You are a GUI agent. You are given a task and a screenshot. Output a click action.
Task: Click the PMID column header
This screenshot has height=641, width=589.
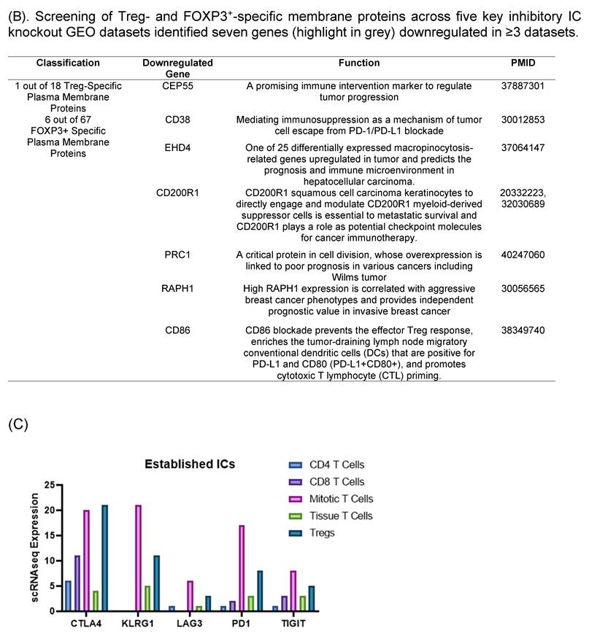(x=523, y=63)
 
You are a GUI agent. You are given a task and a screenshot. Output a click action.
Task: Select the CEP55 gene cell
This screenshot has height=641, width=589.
(x=177, y=86)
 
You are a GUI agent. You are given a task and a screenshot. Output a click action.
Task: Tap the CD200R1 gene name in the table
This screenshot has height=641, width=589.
(x=177, y=193)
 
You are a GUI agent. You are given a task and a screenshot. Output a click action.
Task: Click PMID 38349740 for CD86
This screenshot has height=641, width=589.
(x=523, y=330)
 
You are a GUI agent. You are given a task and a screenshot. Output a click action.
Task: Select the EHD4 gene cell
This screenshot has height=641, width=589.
(x=177, y=147)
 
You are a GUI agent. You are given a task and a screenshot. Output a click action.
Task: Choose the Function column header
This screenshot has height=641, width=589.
(x=359, y=63)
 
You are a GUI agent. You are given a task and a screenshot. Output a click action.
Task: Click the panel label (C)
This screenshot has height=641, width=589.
(x=18, y=424)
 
